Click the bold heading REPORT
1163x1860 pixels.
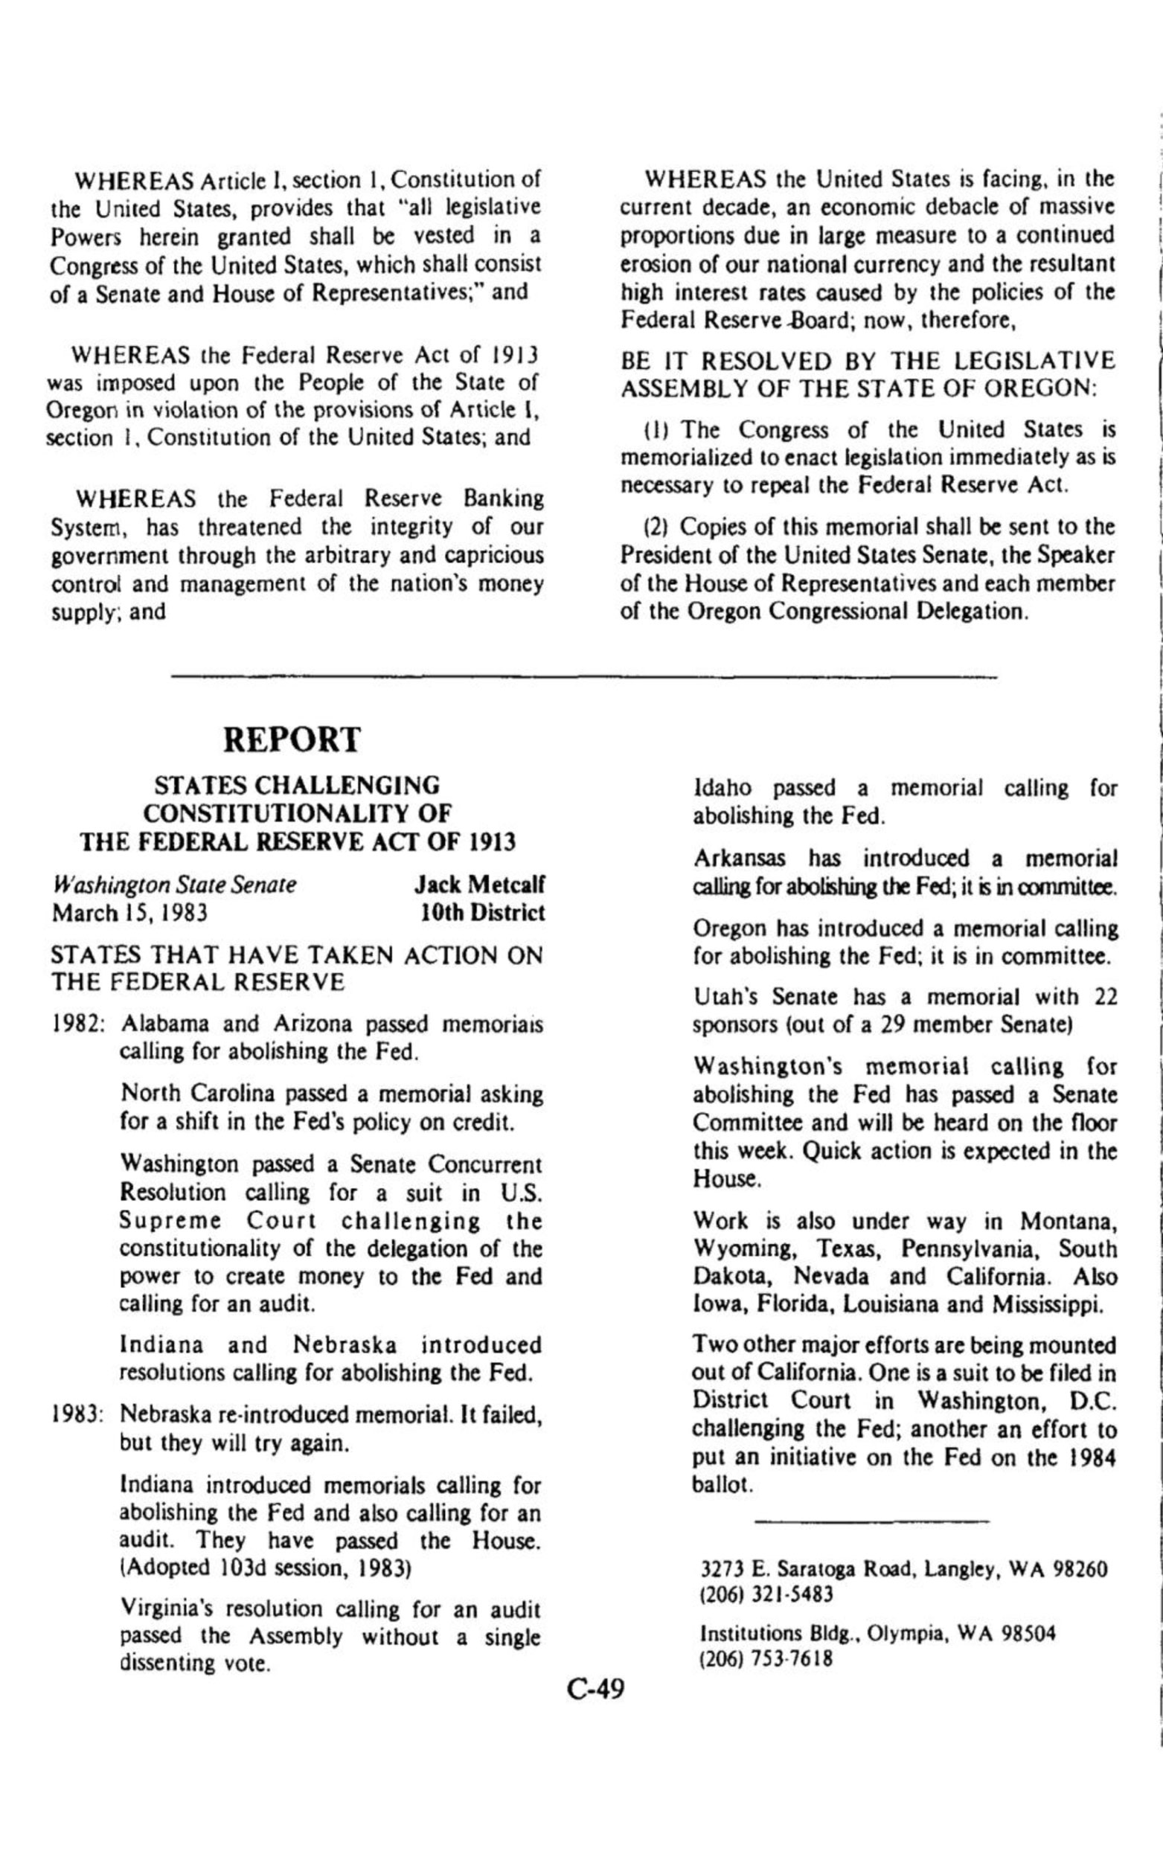tap(292, 740)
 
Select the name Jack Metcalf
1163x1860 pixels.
tap(479, 885)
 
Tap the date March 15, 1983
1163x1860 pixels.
tap(129, 914)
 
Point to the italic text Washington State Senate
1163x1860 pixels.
tap(174, 885)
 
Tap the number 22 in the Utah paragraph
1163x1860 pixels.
tap(1104, 997)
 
